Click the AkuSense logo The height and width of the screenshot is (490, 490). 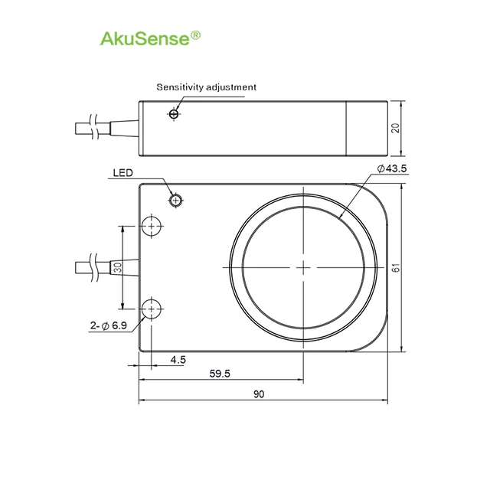(x=150, y=39)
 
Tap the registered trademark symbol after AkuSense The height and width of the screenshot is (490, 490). (x=196, y=35)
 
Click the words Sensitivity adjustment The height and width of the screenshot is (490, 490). (x=206, y=87)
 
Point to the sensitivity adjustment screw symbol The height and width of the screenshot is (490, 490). (x=174, y=114)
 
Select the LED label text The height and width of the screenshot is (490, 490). (x=122, y=173)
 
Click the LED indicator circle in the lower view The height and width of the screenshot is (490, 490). (x=176, y=201)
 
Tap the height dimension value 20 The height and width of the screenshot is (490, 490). (x=396, y=128)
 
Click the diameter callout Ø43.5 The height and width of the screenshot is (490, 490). (x=392, y=168)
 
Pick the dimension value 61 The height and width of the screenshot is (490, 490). (x=396, y=268)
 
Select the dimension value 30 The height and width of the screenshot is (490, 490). (x=117, y=267)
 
